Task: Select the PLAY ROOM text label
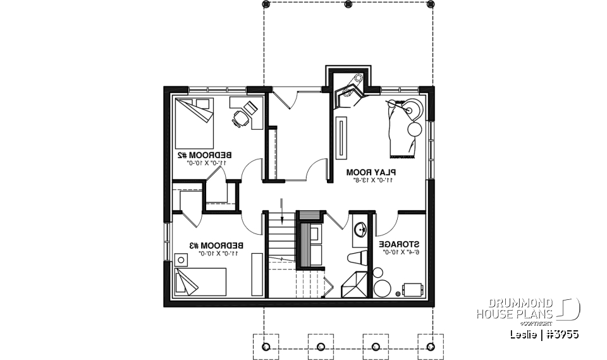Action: [371, 171]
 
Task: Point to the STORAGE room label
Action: [399, 244]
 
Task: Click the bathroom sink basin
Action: [360, 230]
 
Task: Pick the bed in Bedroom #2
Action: [194, 121]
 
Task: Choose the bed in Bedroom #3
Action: [199, 282]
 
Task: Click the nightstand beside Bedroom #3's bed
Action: [181, 259]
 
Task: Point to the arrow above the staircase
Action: [282, 206]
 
